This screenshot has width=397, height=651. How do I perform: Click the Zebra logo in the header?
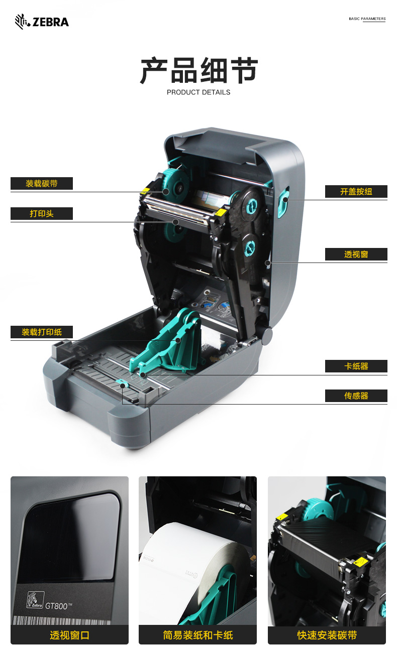pos(42,22)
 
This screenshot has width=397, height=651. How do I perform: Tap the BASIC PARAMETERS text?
pos(367,19)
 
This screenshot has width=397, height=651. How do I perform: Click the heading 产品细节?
pos(199,70)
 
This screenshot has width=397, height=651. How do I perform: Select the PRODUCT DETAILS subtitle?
pos(198,92)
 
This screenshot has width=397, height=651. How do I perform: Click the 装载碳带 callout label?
pos(42,183)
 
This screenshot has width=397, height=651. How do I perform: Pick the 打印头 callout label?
pos(42,214)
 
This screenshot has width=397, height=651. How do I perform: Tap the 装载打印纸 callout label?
pos(42,332)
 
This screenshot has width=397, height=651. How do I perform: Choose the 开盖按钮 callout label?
pos(356,192)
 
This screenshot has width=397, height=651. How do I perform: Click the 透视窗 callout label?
pos(356,254)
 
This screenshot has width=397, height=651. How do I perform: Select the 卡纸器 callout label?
pos(356,366)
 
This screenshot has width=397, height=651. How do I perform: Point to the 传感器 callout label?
pos(356,396)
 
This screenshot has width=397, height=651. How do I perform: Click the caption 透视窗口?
pos(69,635)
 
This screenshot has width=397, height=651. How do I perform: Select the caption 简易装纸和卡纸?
pos(198,635)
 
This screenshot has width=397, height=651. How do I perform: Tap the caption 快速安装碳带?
pos(327,635)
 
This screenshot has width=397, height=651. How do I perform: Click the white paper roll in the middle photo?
pos(186,570)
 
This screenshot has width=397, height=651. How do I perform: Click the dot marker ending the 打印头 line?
pos(175,222)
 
